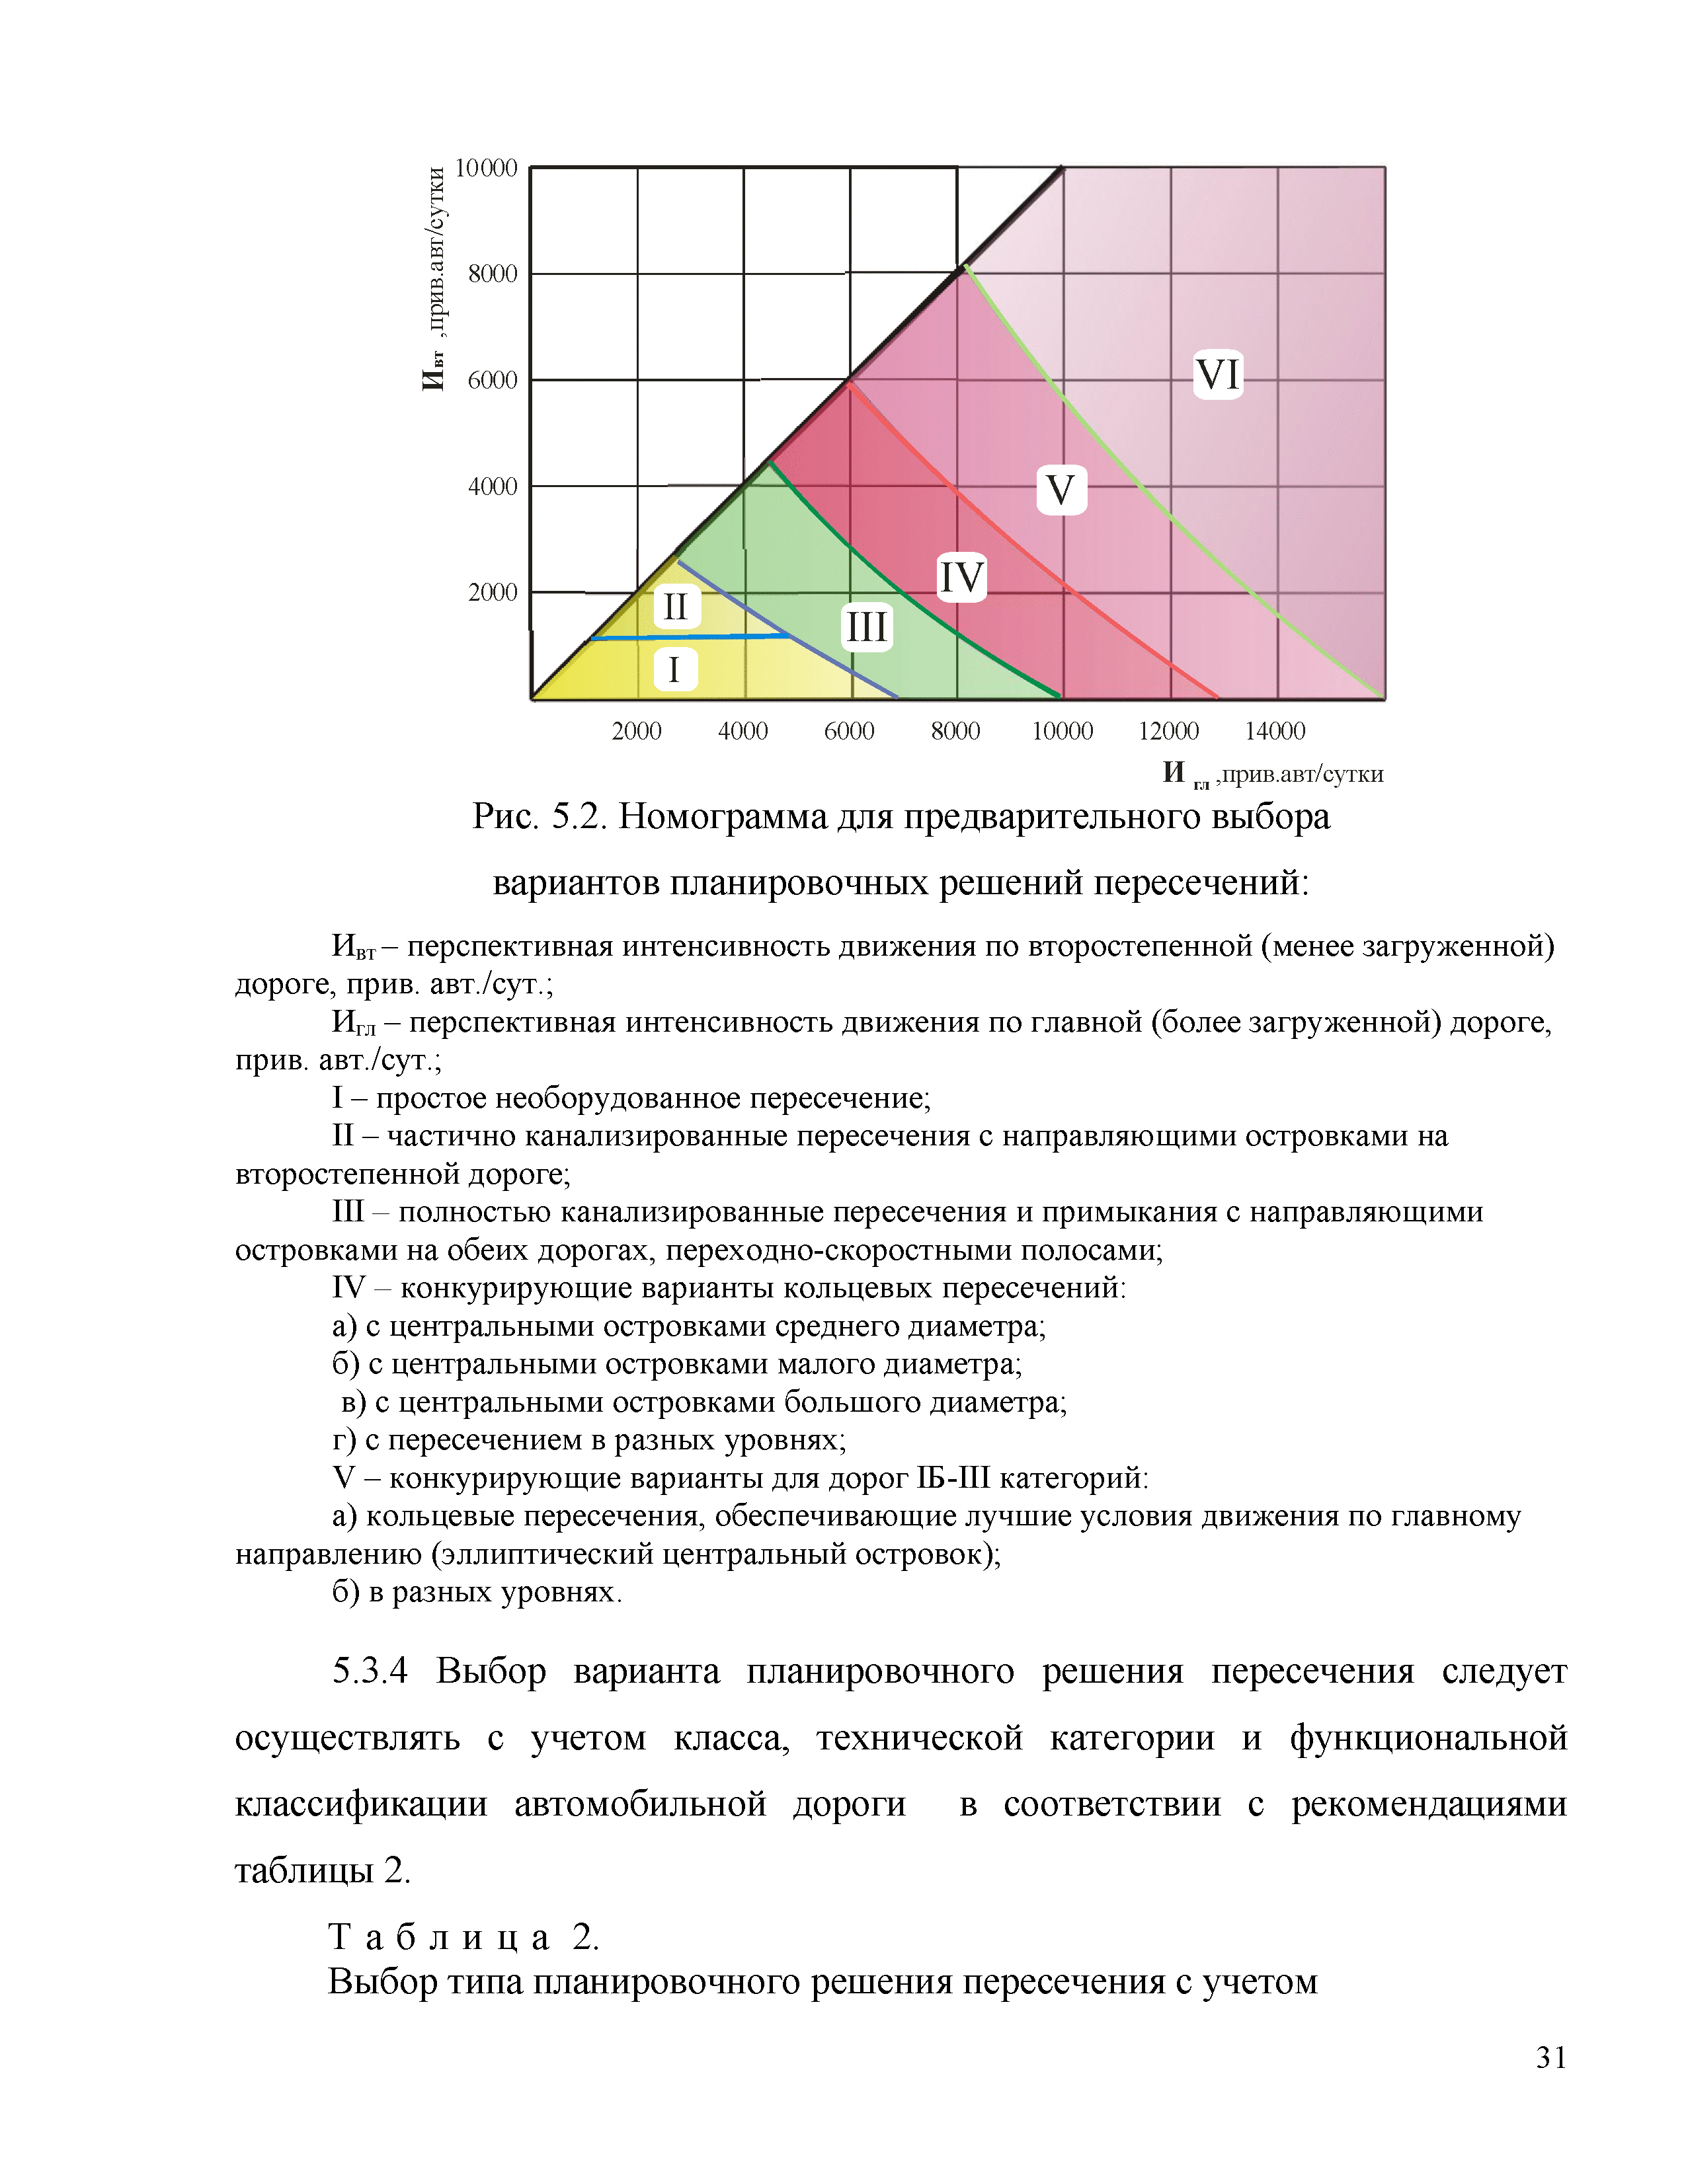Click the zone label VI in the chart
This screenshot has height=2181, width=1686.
click(x=1217, y=375)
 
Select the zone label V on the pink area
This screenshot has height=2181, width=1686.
click(x=1060, y=490)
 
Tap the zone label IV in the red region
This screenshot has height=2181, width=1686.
click(x=961, y=577)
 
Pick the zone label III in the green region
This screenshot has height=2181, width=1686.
click(x=866, y=627)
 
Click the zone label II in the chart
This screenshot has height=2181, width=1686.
click(x=676, y=606)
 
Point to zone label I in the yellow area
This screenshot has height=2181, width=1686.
click(x=674, y=669)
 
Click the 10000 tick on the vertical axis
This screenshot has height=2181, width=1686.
click(x=487, y=168)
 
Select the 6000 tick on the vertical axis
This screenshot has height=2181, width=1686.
click(x=493, y=381)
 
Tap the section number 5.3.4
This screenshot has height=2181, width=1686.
click(x=370, y=1671)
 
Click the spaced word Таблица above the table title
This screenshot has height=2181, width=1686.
click(x=440, y=1937)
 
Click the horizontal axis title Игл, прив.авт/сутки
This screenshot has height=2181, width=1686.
click(x=1273, y=774)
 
